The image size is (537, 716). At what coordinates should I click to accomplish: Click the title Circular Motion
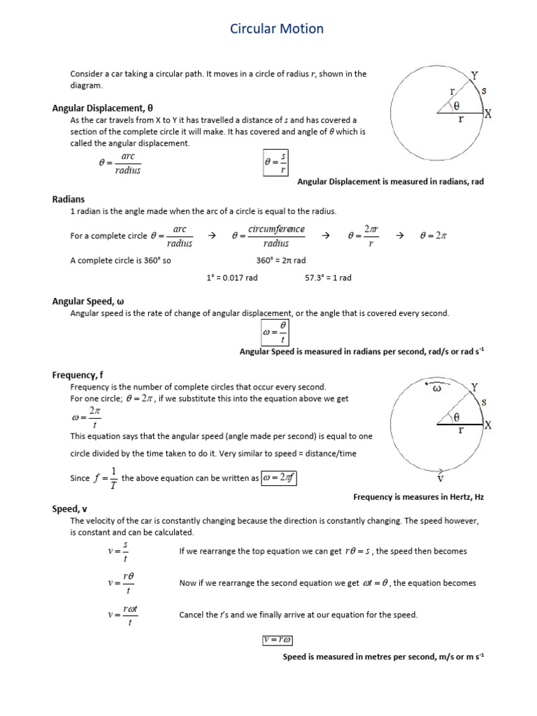pyautogui.click(x=277, y=29)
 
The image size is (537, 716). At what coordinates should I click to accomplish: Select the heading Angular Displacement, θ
pyautogui.click(x=102, y=108)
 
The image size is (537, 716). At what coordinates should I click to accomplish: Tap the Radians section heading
pyautogui.click(x=69, y=199)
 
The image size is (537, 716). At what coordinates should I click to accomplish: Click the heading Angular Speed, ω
pyautogui.click(x=87, y=301)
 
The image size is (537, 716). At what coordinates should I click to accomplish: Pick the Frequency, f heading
pyautogui.click(x=78, y=375)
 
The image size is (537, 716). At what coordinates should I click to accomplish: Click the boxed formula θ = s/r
pyautogui.click(x=275, y=163)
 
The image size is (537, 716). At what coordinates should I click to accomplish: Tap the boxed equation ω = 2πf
pyautogui.click(x=282, y=479)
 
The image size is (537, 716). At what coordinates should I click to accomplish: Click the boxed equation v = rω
pyautogui.click(x=277, y=640)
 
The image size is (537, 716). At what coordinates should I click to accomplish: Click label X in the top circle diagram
pyautogui.click(x=487, y=115)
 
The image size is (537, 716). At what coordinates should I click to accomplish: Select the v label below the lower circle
pyautogui.click(x=440, y=480)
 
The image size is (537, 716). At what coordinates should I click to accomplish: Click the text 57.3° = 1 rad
pyautogui.click(x=328, y=278)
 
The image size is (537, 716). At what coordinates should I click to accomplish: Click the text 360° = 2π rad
pyautogui.click(x=281, y=260)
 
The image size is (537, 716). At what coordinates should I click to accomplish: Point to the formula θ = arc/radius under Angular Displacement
pyautogui.click(x=120, y=164)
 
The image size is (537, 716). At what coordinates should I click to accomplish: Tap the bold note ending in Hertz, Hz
pyautogui.click(x=418, y=496)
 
